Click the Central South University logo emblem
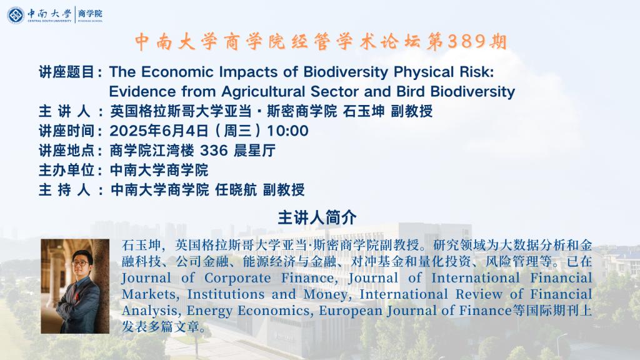pyautogui.click(x=16, y=15)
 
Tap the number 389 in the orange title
pyautogui.click(x=466, y=41)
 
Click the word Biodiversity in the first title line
pyautogui.click(x=346, y=72)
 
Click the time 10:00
pyautogui.click(x=287, y=131)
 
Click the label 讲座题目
pyautogui.click(x=67, y=72)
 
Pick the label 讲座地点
pyautogui.click(x=67, y=151)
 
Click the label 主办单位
pyautogui.click(x=67, y=170)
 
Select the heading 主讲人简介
pyautogui.click(x=317, y=217)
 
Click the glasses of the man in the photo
pyautogui.click(x=81, y=263)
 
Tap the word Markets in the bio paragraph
pyautogui.click(x=151, y=294)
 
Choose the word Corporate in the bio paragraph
pyautogui.click(x=237, y=278)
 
